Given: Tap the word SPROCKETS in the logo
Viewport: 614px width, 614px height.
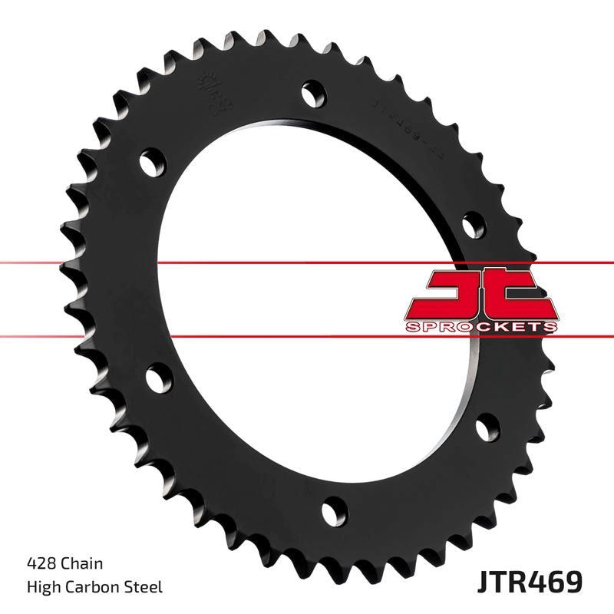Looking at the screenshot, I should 480,327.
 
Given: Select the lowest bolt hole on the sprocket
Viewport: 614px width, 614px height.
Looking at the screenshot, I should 332,510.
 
